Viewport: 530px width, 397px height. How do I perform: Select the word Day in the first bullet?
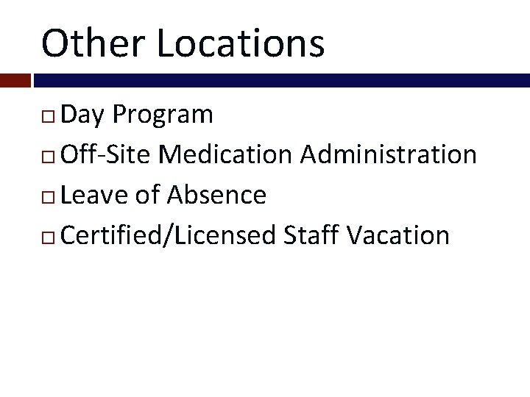83,115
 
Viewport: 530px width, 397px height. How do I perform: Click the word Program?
163,115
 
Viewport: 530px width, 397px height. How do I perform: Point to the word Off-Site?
106,155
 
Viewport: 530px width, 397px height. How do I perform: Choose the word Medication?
225,155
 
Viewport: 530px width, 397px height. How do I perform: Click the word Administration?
389,155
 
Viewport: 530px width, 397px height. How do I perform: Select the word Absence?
216,196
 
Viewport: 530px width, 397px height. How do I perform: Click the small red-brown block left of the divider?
15,80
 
